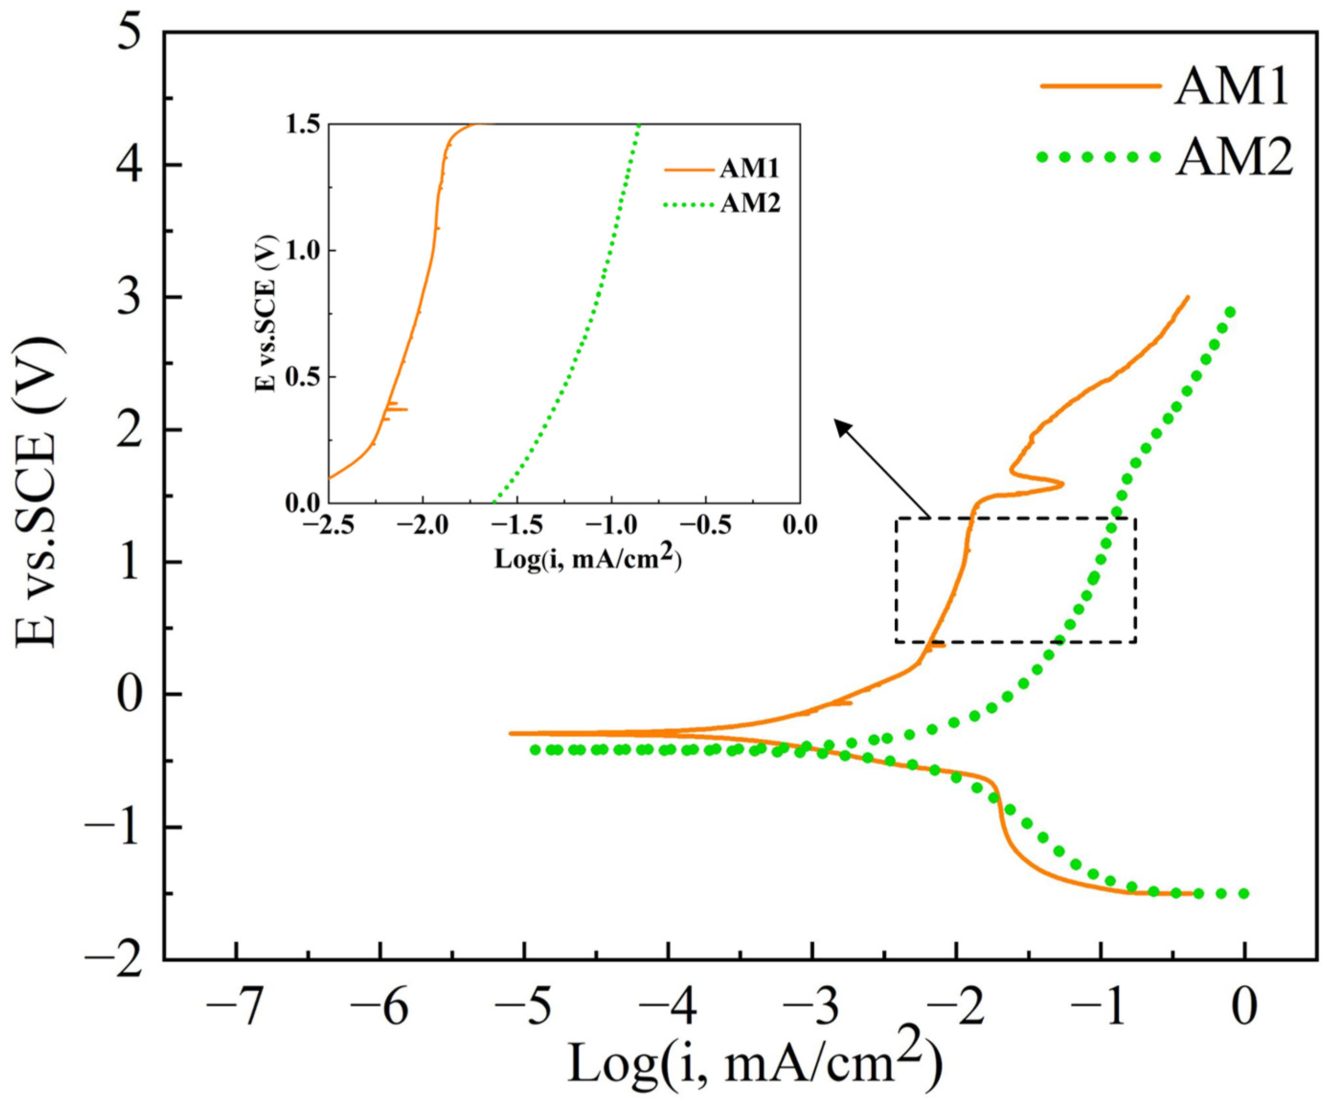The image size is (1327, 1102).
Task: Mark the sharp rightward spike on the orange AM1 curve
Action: click(1062, 484)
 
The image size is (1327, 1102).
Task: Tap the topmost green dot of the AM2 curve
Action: click(1230, 312)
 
